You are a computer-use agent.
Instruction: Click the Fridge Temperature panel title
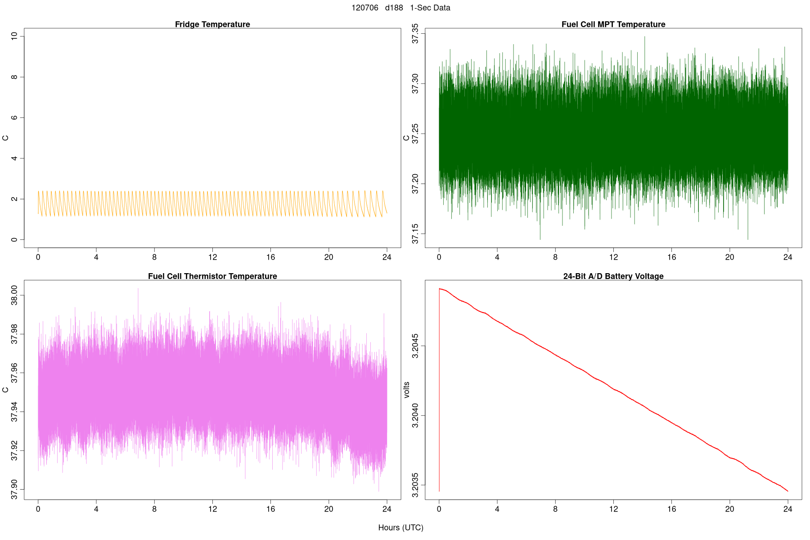coord(212,24)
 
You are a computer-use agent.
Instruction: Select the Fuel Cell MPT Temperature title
coord(613,24)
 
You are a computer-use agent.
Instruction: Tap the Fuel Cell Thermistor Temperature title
coord(212,276)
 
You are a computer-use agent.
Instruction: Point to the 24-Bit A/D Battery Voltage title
coord(613,276)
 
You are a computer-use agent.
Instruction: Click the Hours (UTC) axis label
coord(400,528)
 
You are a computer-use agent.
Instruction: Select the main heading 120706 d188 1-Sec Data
coord(400,8)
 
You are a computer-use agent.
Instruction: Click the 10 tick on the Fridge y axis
coord(15,36)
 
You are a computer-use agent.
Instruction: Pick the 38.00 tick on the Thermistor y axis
coord(15,295)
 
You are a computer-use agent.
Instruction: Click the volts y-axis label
coord(407,390)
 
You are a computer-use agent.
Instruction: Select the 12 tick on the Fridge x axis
coord(212,257)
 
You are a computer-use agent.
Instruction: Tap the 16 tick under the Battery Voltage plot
coord(671,509)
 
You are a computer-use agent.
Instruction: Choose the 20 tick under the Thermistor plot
coord(328,509)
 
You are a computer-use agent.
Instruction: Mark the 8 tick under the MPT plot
coord(555,257)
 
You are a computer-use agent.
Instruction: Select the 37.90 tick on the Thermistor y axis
coord(15,489)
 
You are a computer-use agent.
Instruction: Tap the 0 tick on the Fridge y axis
coord(15,240)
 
